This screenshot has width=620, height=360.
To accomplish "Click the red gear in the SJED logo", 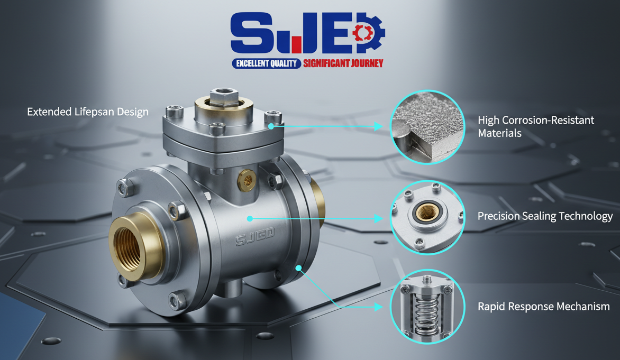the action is (x=363, y=33).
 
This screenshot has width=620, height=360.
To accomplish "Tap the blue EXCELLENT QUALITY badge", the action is (x=267, y=63).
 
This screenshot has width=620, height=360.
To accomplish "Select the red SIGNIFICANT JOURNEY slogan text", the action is (x=343, y=63).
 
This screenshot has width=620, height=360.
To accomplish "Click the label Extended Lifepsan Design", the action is (x=88, y=112).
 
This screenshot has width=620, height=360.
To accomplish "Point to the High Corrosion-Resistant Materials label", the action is (x=536, y=126).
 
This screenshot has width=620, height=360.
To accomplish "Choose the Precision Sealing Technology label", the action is (x=545, y=216).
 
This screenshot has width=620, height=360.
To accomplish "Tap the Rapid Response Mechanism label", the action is (x=544, y=306).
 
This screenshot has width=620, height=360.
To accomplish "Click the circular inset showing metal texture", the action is (x=427, y=127).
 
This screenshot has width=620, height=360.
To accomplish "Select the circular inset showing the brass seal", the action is (x=427, y=217).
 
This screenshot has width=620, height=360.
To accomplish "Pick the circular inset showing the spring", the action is (x=427, y=307).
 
